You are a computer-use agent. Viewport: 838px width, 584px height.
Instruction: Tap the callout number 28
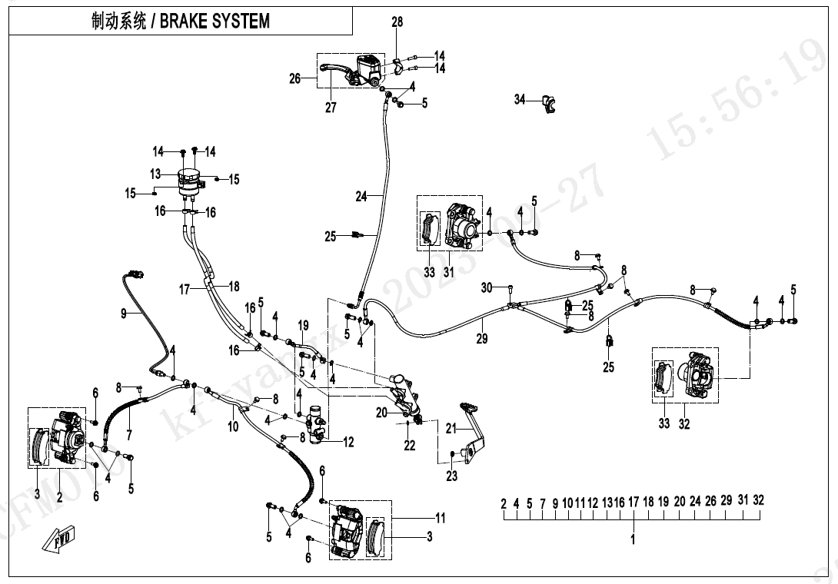click(397, 22)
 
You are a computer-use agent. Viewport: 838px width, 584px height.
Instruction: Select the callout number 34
click(520, 99)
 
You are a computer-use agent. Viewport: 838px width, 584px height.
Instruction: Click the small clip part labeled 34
click(549, 103)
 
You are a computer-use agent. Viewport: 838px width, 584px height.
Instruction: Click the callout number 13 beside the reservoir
click(155, 174)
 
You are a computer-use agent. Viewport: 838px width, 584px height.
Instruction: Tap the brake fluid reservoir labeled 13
click(189, 179)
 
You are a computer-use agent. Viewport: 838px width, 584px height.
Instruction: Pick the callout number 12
click(348, 442)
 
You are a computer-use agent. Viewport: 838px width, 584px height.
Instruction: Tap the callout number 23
click(451, 476)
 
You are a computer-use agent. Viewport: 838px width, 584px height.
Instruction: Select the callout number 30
click(486, 287)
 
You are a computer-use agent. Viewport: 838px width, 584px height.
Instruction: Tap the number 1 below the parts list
click(633, 540)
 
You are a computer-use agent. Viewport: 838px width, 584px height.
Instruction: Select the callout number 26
click(294, 78)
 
